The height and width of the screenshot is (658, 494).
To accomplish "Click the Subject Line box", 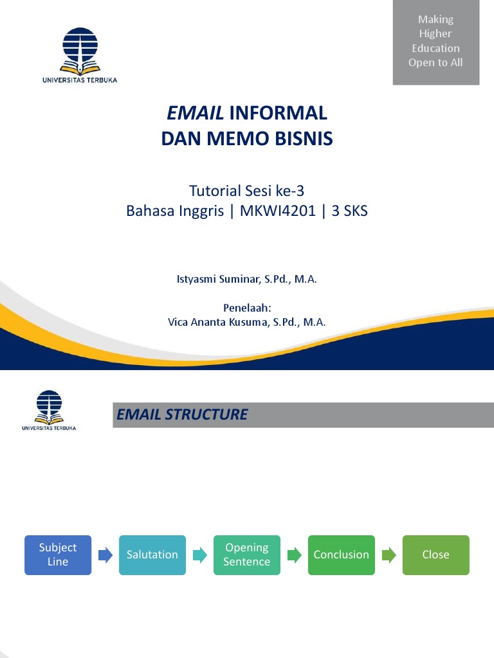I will point(58,555).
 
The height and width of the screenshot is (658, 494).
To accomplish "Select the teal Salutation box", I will point(152,555).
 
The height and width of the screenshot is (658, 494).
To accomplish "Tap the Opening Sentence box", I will point(246,555).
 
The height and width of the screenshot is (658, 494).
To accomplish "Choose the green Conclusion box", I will point(341,555).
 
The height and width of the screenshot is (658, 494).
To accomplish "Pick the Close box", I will point(435,555).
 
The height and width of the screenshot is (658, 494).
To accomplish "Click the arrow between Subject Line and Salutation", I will point(105,555).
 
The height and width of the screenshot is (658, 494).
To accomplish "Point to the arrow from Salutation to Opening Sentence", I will point(199,555).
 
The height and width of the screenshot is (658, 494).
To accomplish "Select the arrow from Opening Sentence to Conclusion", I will point(294,555).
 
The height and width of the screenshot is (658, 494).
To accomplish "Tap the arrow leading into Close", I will point(389,555).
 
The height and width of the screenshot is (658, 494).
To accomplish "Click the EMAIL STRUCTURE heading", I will point(182,414).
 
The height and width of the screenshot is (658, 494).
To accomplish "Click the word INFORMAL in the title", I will point(278,114).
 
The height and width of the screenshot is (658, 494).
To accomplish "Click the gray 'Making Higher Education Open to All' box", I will point(435,42).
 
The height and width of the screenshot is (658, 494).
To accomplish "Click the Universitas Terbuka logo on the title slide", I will point(80,55).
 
